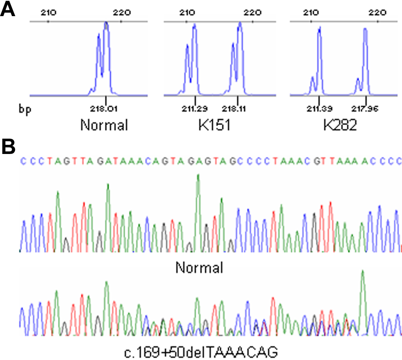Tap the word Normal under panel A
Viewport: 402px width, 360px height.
click(104, 126)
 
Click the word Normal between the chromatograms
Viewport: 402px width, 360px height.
click(199, 268)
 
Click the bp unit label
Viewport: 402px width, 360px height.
click(23, 109)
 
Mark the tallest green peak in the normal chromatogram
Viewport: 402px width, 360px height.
click(198, 176)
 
